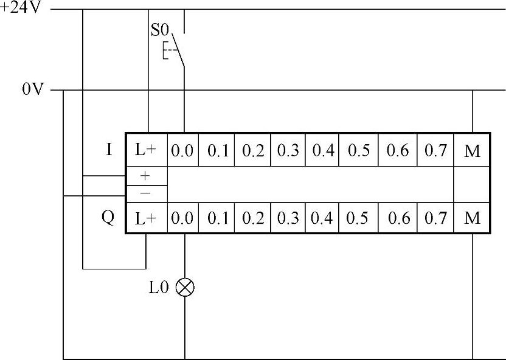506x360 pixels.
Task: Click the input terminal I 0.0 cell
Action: tap(182, 151)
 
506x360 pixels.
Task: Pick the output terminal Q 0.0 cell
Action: tap(182, 218)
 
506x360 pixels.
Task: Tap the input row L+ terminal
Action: tap(146, 151)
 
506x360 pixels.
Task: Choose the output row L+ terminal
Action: tap(146, 218)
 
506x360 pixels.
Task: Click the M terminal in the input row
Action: tap(472, 151)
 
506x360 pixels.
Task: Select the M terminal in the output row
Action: tap(472, 218)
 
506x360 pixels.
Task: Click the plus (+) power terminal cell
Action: tap(145, 176)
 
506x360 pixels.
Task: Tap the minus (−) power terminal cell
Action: tap(145, 193)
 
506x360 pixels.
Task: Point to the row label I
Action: tap(109, 150)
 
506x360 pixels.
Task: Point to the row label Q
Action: tap(108, 218)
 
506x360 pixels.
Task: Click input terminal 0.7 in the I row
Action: tap(435, 151)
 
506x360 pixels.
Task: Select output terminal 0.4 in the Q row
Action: tap(323, 218)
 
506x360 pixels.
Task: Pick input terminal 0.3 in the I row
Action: tap(288, 151)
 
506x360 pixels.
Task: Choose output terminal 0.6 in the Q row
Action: tap(398, 218)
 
